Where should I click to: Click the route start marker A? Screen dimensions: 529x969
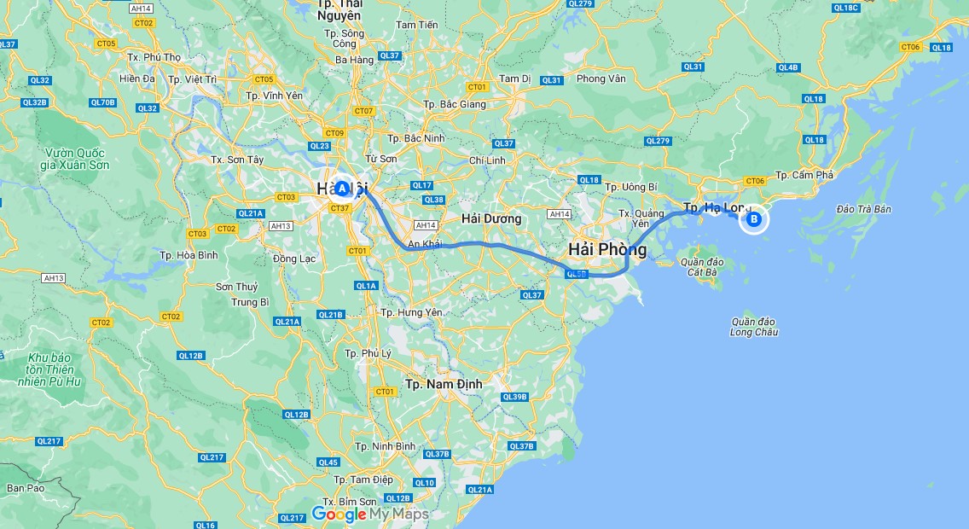click(x=342, y=188)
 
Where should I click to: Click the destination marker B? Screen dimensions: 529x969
click(x=754, y=219)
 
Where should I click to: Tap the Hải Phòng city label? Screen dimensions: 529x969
click(x=607, y=249)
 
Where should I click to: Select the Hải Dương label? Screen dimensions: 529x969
click(x=490, y=218)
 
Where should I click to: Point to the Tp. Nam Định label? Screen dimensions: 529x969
click(x=444, y=384)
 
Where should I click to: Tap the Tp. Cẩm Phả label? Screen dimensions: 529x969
click(x=804, y=175)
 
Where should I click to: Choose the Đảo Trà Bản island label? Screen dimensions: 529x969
click(x=863, y=209)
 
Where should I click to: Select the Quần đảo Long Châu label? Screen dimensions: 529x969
click(x=753, y=327)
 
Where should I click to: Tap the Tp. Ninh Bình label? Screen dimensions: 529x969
click(x=385, y=446)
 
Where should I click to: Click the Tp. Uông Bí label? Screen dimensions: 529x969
click(x=630, y=187)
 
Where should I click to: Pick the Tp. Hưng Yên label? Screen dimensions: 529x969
click(x=411, y=312)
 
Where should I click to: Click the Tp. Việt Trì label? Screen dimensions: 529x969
click(x=194, y=78)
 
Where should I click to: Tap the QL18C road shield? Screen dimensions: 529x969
click(x=845, y=8)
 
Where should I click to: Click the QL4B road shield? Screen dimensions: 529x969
click(x=788, y=67)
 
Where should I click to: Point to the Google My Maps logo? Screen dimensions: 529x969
click(x=369, y=514)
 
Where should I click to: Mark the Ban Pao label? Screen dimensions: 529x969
click(x=25, y=488)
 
